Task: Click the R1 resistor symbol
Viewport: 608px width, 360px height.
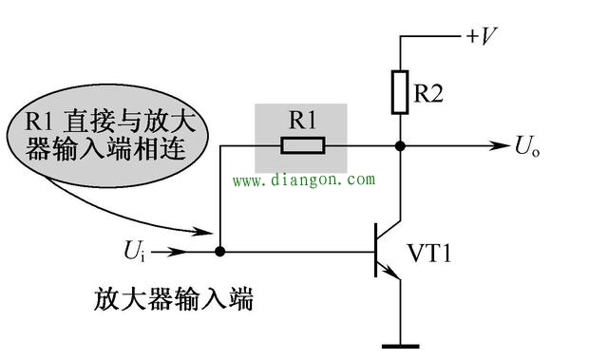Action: tap(303, 146)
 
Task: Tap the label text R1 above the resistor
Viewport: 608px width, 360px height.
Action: tap(302, 121)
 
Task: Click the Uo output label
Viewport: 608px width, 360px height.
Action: tap(530, 147)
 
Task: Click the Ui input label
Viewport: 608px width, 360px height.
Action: tap(133, 252)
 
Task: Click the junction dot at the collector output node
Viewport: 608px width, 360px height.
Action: tap(400, 146)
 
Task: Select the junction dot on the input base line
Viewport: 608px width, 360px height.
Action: tap(219, 252)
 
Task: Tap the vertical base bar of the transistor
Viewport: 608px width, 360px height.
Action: tap(375, 252)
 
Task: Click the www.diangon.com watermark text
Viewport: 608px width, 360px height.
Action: tap(303, 179)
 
